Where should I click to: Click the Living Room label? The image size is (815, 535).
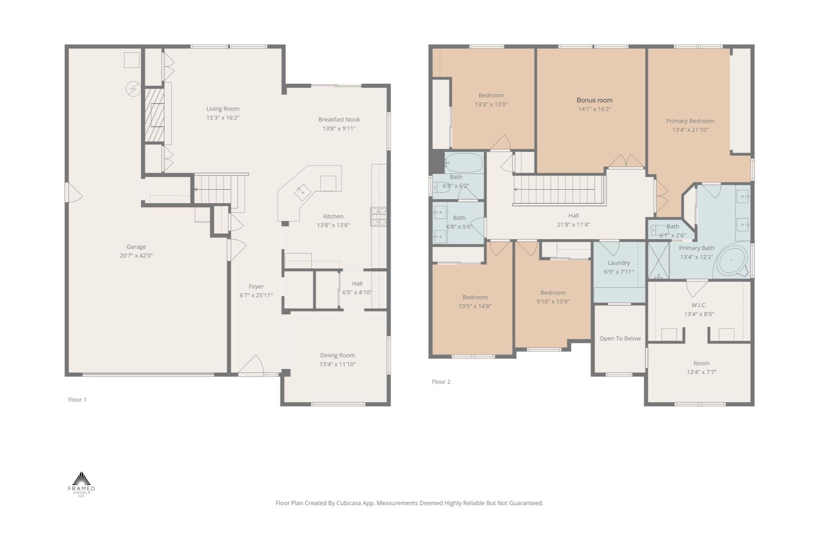coord(223,109)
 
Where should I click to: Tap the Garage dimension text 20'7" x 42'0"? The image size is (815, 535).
coord(136,256)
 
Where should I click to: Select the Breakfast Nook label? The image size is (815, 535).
coord(339,120)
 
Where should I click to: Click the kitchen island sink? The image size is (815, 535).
coord(302,192)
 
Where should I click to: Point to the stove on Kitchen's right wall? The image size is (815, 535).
coord(378,216)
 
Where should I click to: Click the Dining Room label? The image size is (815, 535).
coord(337,355)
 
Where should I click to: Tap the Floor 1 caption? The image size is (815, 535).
coord(77,400)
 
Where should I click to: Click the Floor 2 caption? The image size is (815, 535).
coord(441,382)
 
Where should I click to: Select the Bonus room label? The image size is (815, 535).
coord(594,100)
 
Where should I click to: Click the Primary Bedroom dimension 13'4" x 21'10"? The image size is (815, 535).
coord(690,130)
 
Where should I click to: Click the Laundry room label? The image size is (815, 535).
coord(618,263)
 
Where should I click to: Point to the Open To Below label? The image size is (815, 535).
coord(620,339)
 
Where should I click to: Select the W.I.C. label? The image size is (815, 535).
coord(698,305)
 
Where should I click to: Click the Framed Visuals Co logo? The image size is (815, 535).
coord(81,484)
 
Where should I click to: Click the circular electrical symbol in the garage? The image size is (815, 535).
coord(133,89)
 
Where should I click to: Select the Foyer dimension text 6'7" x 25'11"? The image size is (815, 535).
coord(256,295)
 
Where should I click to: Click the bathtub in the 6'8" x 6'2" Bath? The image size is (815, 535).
coord(463,163)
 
